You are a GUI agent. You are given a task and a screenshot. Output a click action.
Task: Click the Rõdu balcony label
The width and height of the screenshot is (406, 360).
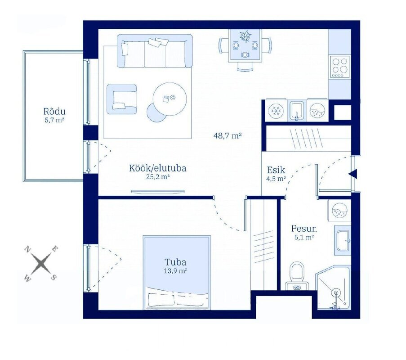pyautogui.click(x=54, y=112)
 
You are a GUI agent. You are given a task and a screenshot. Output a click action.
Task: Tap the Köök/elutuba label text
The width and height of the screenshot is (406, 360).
pyautogui.click(x=158, y=168)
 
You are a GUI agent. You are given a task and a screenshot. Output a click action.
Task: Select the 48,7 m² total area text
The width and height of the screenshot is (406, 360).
pyautogui.click(x=228, y=135)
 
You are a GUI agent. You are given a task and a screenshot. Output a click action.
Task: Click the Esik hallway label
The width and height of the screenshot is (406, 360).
pyautogui.click(x=276, y=170)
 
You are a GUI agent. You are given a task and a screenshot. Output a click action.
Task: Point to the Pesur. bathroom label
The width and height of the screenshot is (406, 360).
pyautogui.click(x=304, y=229)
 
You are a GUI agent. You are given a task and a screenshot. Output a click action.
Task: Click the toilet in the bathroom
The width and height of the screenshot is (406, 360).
pyautogui.click(x=297, y=276)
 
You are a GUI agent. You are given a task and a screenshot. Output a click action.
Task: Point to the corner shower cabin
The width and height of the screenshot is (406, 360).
pyautogui.click(x=333, y=288)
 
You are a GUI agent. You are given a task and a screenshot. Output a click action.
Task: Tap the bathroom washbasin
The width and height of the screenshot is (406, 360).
pyautogui.click(x=343, y=240)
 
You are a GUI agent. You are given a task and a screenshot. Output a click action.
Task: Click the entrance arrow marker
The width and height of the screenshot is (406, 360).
pyautogui.click(x=353, y=174)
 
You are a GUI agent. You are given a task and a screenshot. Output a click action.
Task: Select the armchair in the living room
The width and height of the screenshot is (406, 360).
pyautogui.click(x=122, y=99)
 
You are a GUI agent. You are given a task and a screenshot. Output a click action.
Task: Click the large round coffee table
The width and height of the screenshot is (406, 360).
pyautogui.click(x=170, y=99)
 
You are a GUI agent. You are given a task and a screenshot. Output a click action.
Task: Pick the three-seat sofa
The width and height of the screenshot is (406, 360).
pyautogui.click(x=155, y=51)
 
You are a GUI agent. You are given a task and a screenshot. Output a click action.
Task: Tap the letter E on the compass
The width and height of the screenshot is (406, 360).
pyautogui.click(x=55, y=249)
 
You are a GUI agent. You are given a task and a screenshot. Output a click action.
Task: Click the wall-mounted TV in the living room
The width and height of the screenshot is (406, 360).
pyautogui.click(x=158, y=192)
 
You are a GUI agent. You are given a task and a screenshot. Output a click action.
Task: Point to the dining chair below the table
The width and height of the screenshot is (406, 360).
pyautogui.click(x=245, y=67)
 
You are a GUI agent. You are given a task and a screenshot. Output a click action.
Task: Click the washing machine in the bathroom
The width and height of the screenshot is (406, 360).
pyautogui.click(x=339, y=211)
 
